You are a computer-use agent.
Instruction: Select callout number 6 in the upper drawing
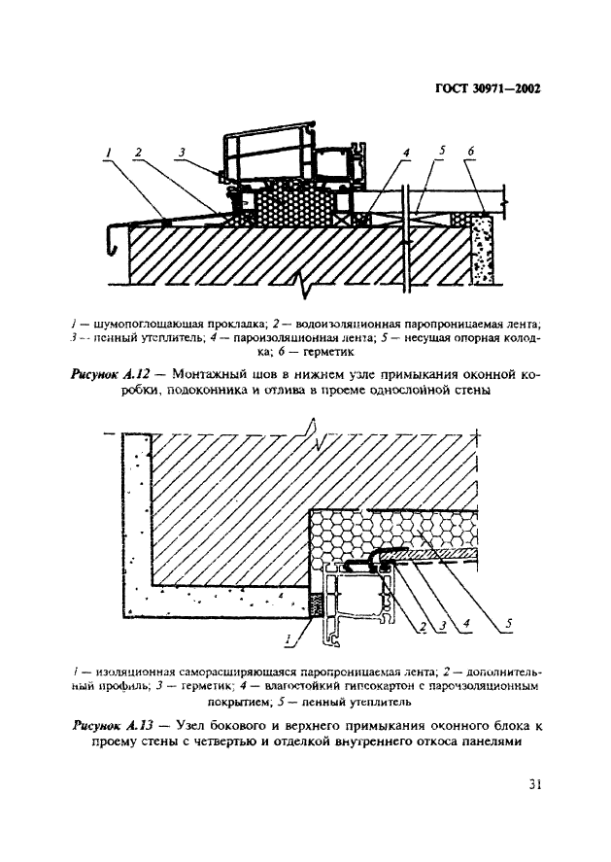[x=470, y=152]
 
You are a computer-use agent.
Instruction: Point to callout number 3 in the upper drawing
[x=181, y=152]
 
